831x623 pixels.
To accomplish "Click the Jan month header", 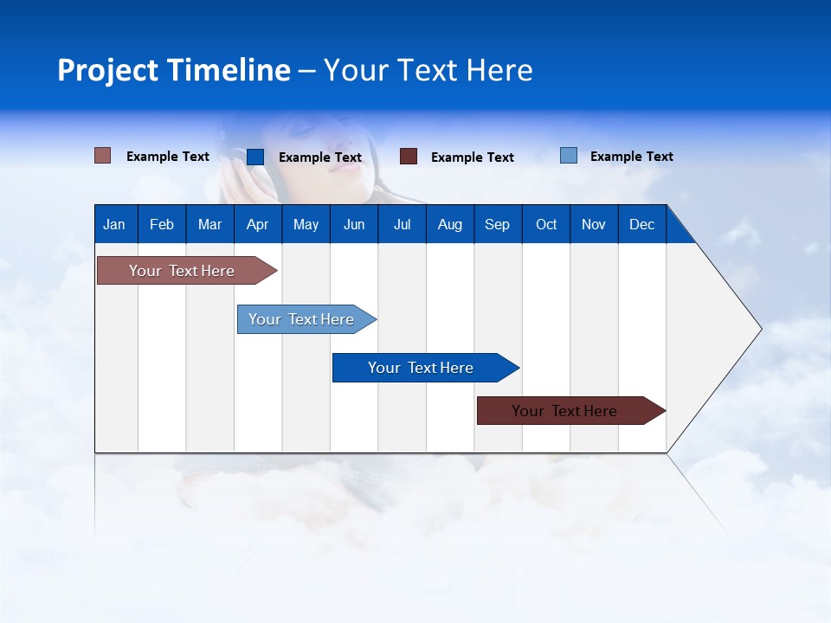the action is [114, 225].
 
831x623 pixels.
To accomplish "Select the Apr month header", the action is [258, 225].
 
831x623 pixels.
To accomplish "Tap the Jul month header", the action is [403, 225].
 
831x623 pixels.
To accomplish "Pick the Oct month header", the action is [546, 225].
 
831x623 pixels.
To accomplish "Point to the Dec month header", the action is [641, 225].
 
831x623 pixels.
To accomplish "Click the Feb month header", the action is [162, 225].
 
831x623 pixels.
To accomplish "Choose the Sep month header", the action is [497, 225].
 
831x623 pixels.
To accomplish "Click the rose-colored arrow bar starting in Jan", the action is [187, 271].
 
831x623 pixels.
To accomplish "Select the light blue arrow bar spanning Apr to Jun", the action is [306, 319].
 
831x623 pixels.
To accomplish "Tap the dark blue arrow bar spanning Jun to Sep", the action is [426, 368].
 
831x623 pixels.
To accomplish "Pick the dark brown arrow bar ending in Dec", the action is [571, 410].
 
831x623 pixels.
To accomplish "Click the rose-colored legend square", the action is [102, 156].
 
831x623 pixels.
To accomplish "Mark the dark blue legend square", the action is [255, 157].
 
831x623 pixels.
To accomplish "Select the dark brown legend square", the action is [408, 157].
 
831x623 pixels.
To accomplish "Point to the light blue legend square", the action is [569, 155].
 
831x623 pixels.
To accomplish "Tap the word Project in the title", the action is [107, 71].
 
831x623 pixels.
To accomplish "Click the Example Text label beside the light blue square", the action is [632, 157].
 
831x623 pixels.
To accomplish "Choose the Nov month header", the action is [594, 225].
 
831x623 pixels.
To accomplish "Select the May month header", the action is [306, 225].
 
